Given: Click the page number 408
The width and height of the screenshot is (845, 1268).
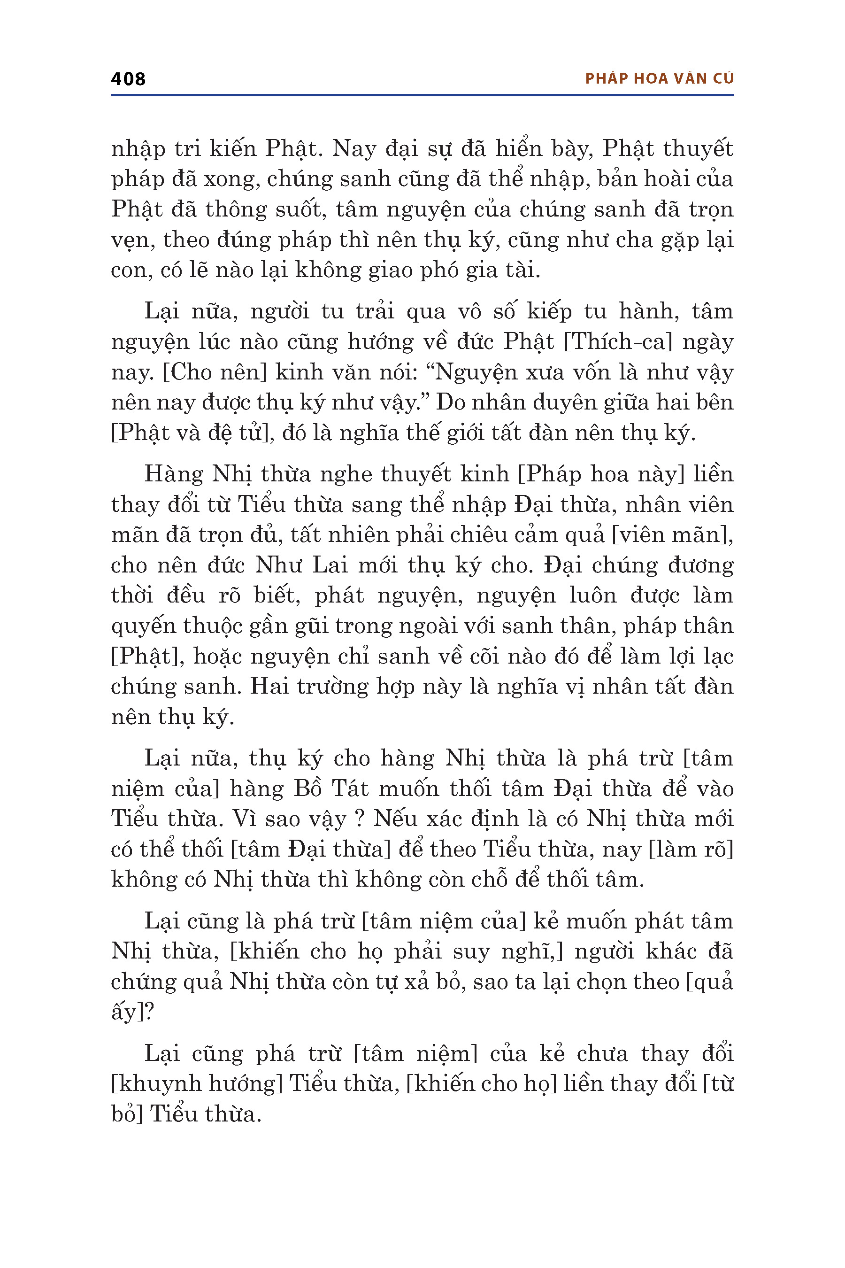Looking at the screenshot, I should [x=128, y=79].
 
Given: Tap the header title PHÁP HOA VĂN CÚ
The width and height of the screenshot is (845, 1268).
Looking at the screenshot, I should [x=659, y=79].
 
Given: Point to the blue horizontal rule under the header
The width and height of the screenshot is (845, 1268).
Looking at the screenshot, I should [x=422, y=95].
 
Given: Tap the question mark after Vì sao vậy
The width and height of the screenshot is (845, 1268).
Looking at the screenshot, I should [x=359, y=820].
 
